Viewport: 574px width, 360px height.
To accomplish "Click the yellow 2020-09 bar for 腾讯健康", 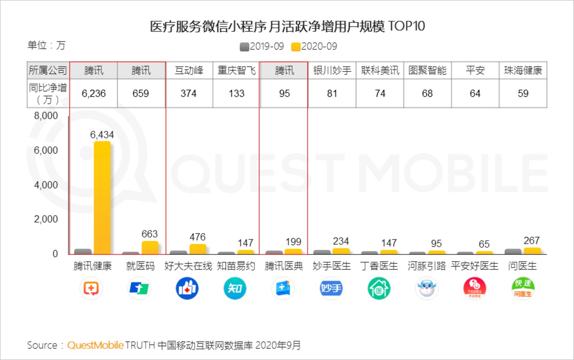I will click(x=102, y=198).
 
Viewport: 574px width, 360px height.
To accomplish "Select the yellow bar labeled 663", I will click(x=150, y=248).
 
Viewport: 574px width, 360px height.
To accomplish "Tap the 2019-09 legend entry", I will click(x=262, y=46).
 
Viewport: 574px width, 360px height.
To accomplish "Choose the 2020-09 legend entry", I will click(x=314, y=46).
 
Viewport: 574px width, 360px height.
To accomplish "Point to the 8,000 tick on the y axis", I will click(x=46, y=116).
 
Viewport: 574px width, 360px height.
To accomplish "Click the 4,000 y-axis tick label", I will click(x=46, y=185).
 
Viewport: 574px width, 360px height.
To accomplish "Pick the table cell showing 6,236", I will click(x=94, y=94).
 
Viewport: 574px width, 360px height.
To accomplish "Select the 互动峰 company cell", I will click(x=189, y=71).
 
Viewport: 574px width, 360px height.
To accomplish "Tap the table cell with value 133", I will click(x=236, y=94).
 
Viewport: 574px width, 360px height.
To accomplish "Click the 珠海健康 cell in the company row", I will click(x=523, y=71).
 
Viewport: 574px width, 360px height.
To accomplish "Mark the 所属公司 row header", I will click(x=48, y=71).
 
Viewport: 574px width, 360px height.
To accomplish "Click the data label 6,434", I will click(x=102, y=135).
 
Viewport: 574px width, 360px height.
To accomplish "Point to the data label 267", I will click(x=531, y=241).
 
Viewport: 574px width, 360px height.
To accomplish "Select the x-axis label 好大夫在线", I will click(x=188, y=266).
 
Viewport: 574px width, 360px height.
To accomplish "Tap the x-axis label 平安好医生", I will click(x=475, y=266).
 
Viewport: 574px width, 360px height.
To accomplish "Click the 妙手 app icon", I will click(x=331, y=288).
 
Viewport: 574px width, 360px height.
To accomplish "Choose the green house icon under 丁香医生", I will click(x=379, y=288).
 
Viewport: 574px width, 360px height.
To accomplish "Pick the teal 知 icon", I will click(x=235, y=288).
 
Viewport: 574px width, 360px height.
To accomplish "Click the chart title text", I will click(x=287, y=26).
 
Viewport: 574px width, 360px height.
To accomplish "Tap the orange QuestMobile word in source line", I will click(x=95, y=345).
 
